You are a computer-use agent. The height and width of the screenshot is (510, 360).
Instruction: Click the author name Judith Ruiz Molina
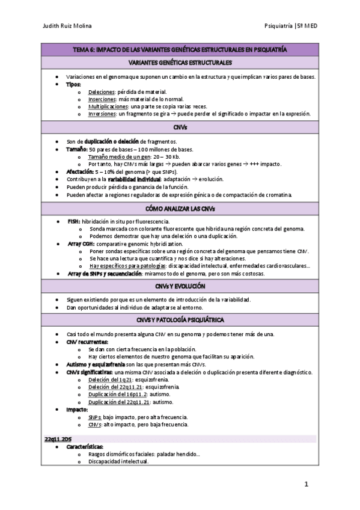click(x=67, y=26)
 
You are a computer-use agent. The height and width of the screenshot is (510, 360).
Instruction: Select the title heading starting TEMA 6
click(x=179, y=51)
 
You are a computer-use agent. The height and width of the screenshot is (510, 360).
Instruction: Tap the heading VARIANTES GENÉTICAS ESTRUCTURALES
click(x=179, y=63)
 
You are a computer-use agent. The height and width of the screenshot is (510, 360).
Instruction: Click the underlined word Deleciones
click(x=102, y=92)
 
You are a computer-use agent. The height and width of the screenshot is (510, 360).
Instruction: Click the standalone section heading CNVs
click(x=179, y=128)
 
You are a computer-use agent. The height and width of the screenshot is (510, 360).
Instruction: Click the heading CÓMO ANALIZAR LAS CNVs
click(x=179, y=209)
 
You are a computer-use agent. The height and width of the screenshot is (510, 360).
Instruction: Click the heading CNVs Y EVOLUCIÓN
click(x=179, y=286)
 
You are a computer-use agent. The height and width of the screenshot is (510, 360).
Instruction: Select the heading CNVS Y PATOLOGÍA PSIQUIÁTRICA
click(x=179, y=319)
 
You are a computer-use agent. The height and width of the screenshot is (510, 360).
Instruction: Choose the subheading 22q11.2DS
click(x=59, y=439)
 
